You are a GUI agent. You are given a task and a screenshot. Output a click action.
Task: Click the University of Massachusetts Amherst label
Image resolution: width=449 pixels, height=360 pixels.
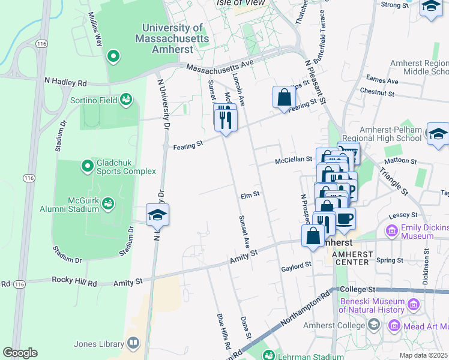pos(175,38)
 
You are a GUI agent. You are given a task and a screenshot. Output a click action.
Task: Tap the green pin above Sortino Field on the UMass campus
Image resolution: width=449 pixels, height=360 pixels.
pos(112,57)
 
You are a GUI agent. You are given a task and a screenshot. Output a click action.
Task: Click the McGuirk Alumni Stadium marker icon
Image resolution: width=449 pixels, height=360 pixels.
pos(108,204)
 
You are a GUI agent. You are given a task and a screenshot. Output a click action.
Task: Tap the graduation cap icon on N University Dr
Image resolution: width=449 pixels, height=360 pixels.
pos(158,215)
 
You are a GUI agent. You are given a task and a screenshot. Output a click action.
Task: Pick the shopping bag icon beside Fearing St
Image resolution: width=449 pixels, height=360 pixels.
pos(284,97)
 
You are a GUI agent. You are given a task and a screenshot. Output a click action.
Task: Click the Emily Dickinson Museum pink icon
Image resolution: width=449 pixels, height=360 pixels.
pos(392,230)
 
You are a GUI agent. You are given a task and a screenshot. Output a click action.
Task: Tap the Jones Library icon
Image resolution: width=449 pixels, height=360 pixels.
pos(133,344)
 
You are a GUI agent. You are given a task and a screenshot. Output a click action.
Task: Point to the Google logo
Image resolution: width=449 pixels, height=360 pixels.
pos(20,353)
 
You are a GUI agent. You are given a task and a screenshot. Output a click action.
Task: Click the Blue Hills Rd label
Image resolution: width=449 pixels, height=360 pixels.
pos(224,331)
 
